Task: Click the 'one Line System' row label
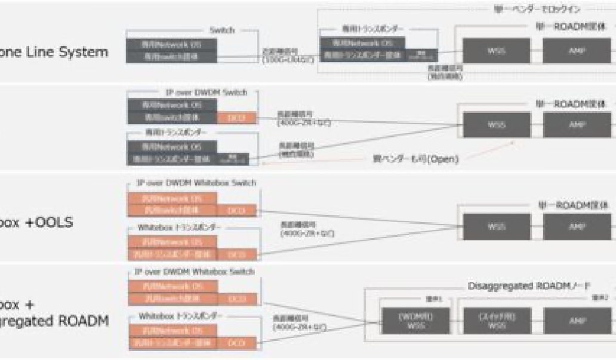(54, 52)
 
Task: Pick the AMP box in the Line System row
(578, 50)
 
